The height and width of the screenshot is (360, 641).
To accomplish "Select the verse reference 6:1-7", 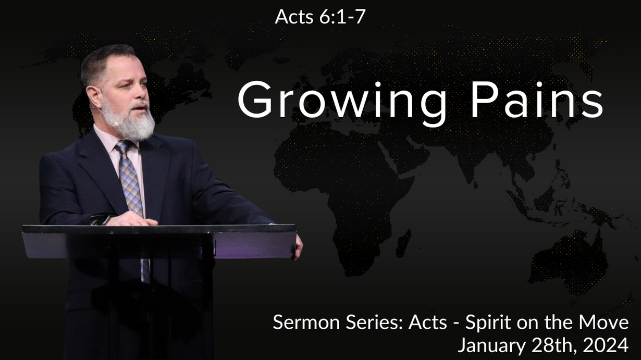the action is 342,17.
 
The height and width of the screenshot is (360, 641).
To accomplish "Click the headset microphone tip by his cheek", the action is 116,123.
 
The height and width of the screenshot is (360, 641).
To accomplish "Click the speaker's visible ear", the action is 94,97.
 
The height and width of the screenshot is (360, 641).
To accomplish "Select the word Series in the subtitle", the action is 375,322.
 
